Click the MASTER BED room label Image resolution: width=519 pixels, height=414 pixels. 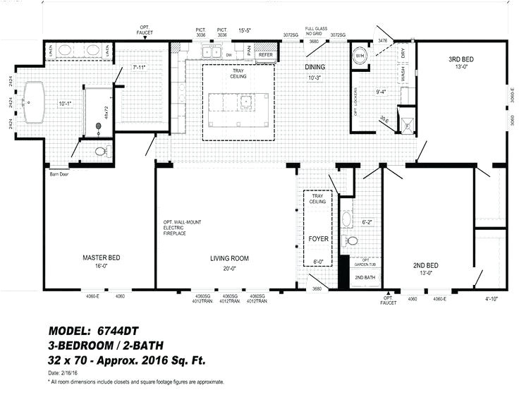101,258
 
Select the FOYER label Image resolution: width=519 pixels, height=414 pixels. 319,239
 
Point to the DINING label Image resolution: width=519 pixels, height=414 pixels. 315,68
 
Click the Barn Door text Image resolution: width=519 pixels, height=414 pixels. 59,173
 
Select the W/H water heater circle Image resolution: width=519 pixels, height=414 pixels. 360,56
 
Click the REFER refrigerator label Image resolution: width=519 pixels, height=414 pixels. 265,54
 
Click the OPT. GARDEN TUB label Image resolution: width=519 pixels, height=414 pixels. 365,263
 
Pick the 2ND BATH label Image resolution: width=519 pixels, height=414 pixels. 365,278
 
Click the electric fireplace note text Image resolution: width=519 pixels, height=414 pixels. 182,230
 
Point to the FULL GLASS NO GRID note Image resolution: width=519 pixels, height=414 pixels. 313,31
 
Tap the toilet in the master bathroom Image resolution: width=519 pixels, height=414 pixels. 100,151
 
